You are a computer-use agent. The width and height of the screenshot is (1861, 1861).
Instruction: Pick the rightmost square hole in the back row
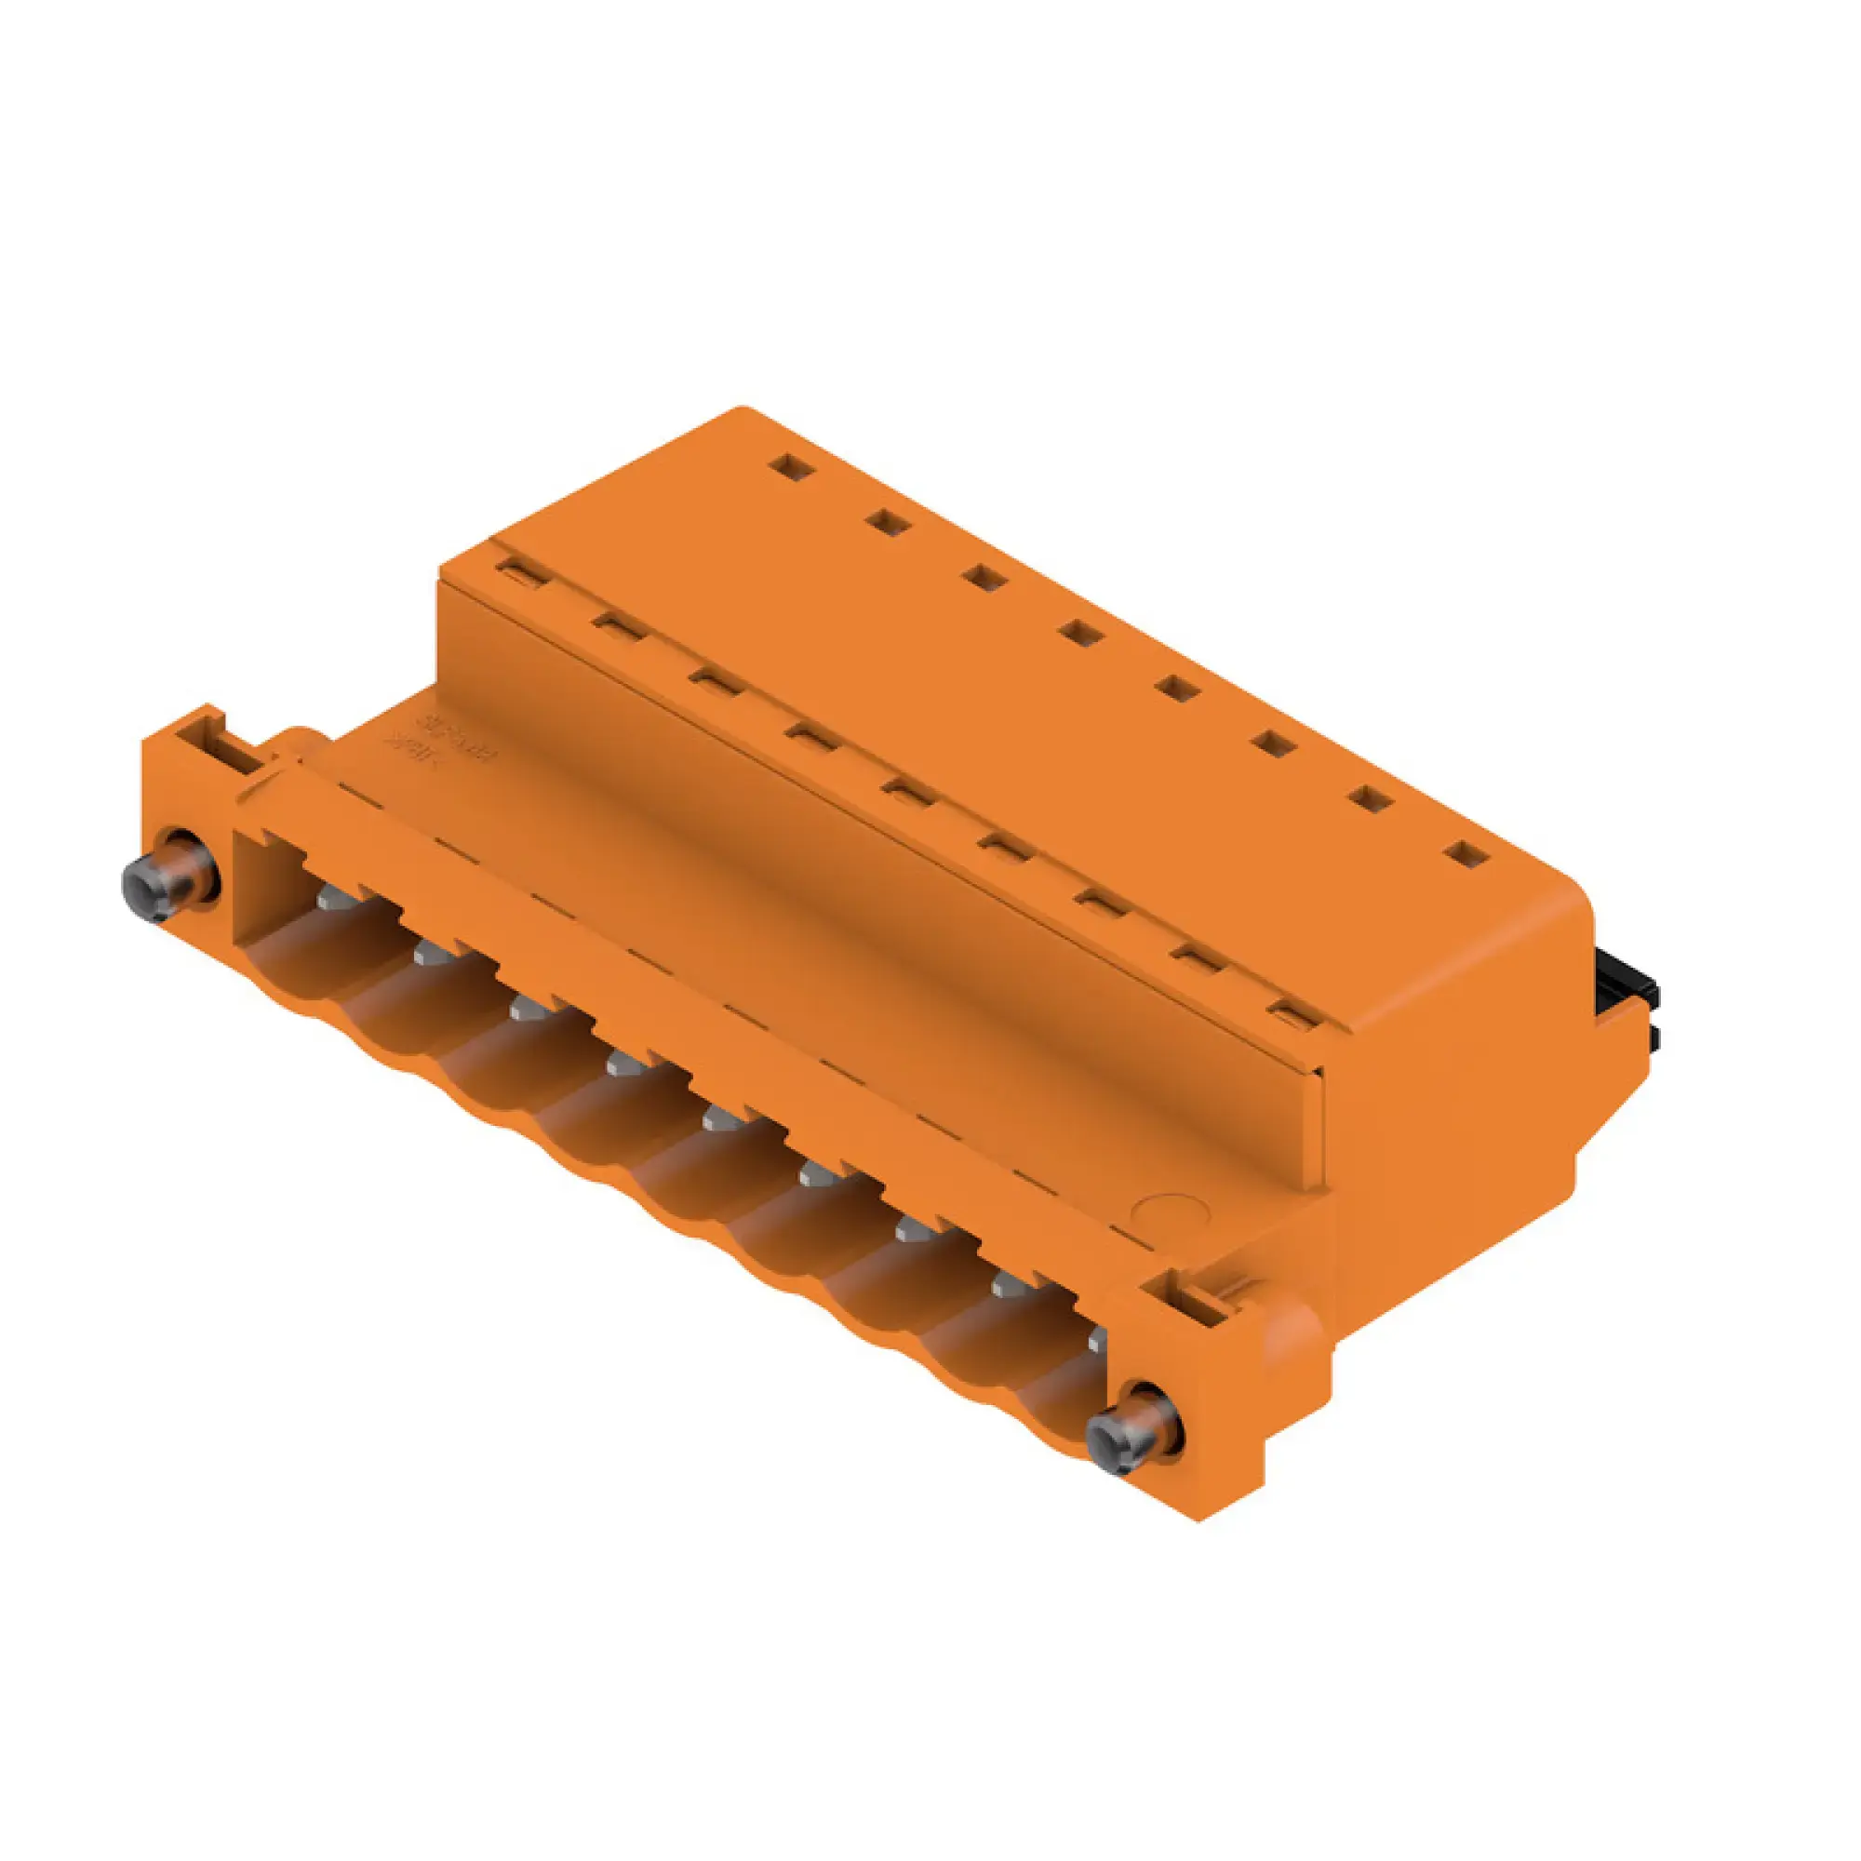tap(1466, 853)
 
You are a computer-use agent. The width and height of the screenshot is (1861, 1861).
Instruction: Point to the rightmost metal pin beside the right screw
tap(1096, 1341)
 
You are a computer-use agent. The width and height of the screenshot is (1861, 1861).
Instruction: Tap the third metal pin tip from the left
tap(525, 1009)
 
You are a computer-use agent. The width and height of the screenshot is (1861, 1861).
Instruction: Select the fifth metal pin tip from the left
tap(717, 1119)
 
